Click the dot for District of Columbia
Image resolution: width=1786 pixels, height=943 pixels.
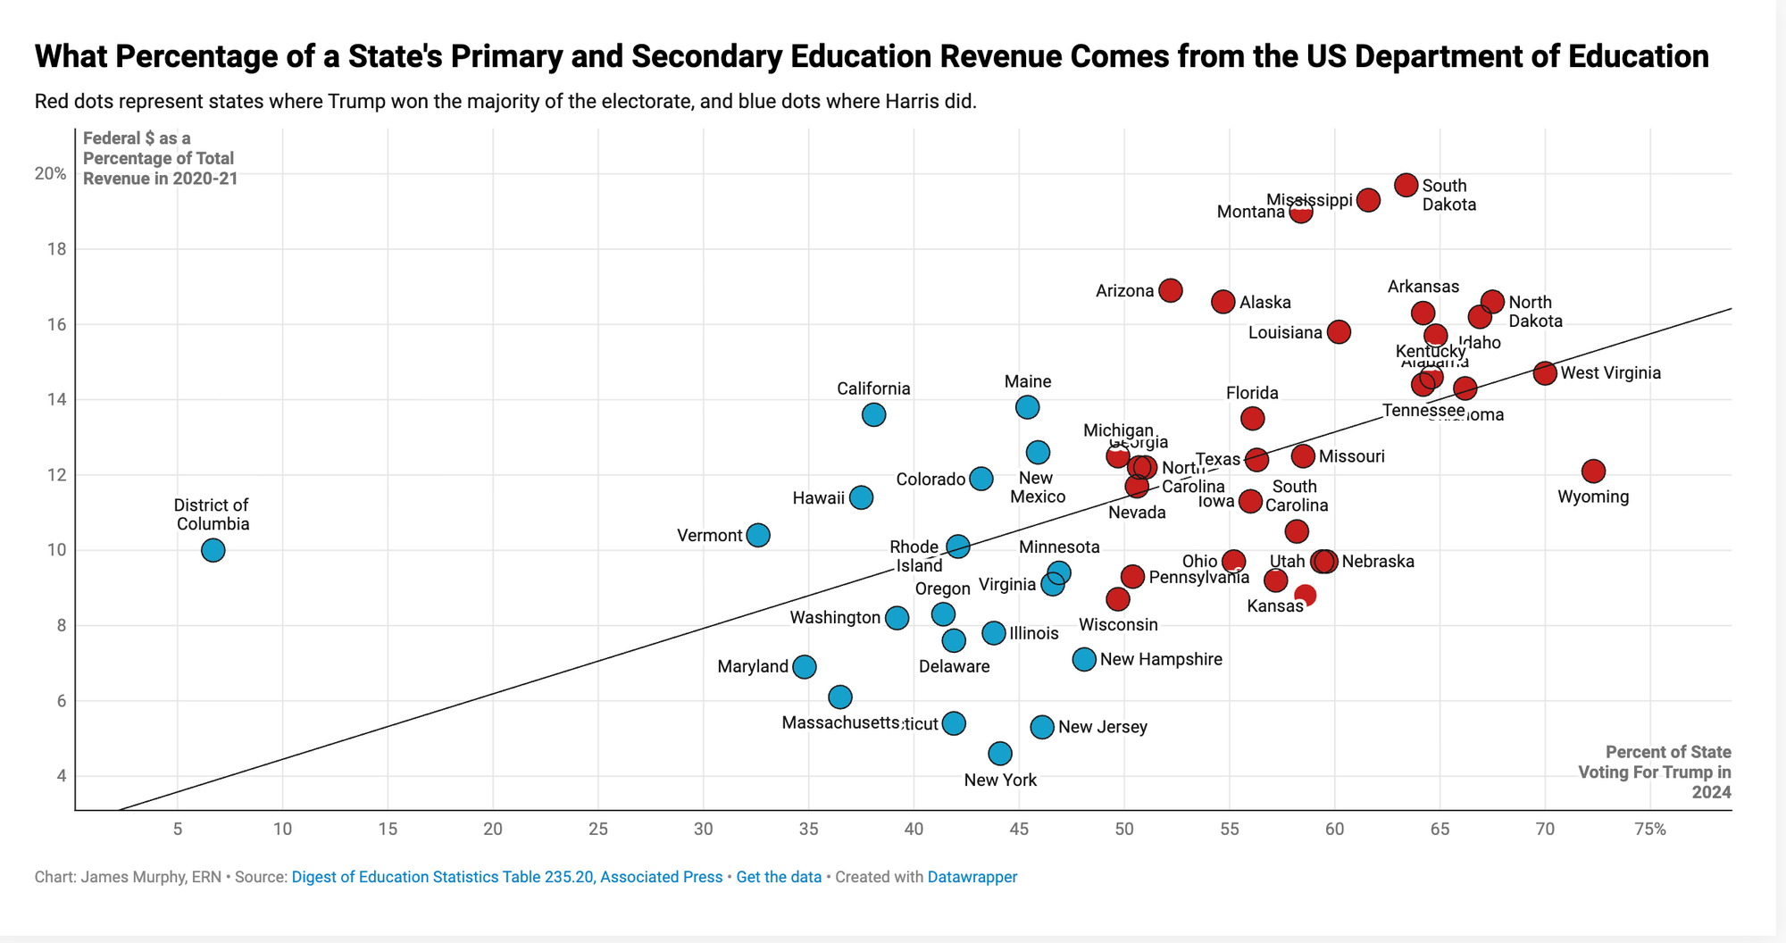(x=213, y=550)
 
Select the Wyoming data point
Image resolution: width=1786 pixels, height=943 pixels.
(x=1593, y=471)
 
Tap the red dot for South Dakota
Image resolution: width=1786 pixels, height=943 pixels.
(x=1406, y=185)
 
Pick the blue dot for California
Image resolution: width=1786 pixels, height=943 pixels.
(x=873, y=414)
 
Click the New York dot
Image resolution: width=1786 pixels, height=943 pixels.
(x=1000, y=753)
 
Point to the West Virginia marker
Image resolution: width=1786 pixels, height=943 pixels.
(x=1545, y=373)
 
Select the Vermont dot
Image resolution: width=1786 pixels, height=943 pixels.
(x=757, y=535)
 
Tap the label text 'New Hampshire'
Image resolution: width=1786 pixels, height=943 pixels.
(x=1161, y=660)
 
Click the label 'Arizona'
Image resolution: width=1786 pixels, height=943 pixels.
(x=1124, y=291)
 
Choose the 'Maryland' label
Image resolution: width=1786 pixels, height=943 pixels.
(x=753, y=667)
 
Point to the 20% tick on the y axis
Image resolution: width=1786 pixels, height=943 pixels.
(x=51, y=173)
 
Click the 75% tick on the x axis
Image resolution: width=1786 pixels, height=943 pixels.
(x=1650, y=829)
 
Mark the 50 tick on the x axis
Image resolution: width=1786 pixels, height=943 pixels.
(x=1124, y=829)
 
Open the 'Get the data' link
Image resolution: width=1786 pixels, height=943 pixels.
(x=779, y=877)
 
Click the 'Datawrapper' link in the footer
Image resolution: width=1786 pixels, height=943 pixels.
(x=972, y=877)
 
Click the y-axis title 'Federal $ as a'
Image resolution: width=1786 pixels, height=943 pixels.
(x=137, y=138)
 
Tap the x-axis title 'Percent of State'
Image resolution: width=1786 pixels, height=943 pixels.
(x=1668, y=752)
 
